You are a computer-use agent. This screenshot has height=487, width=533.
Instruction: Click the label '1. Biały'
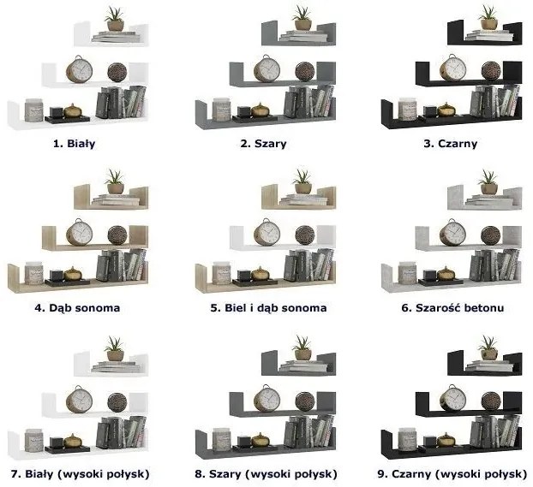(74, 143)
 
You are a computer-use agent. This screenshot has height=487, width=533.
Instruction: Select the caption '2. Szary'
(263, 143)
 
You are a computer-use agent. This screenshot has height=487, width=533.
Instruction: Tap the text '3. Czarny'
(451, 143)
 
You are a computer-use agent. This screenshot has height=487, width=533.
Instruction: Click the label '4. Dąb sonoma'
(77, 307)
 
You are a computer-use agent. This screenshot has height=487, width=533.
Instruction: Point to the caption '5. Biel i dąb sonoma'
(268, 307)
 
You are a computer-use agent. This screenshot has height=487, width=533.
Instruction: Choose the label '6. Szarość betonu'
(452, 307)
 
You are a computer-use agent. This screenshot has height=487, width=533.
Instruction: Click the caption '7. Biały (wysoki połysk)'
(81, 474)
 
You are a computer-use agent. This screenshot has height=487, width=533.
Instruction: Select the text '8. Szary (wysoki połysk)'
(266, 474)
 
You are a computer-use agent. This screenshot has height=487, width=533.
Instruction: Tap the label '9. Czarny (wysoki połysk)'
(452, 474)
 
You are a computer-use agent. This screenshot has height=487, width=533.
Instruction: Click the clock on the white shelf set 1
(79, 69)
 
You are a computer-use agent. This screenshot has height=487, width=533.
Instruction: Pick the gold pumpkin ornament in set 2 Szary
(261, 110)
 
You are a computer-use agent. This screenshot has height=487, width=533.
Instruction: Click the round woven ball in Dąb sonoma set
(117, 235)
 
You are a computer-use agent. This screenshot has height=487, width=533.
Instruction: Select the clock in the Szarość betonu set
(452, 233)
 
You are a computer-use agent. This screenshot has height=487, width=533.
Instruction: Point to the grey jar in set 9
(408, 440)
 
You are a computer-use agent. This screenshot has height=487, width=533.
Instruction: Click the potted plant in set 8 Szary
(302, 348)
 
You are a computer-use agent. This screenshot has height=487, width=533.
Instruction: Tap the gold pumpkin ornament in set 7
(73, 441)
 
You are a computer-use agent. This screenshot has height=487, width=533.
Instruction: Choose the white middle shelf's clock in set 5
(266, 233)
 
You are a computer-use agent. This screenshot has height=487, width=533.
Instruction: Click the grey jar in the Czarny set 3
(408, 110)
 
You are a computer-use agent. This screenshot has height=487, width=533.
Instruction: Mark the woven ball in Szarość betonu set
(491, 235)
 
